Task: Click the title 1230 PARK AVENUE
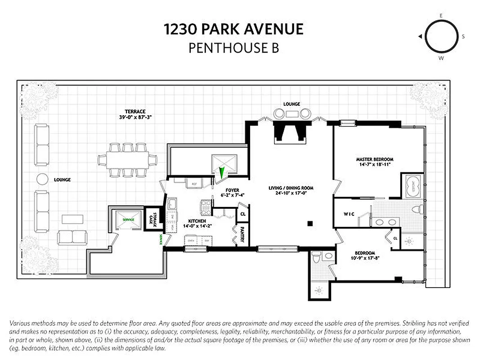pyautogui.click(x=233, y=30)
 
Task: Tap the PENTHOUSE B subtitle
pyautogui.click(x=233, y=48)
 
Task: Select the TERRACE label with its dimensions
pyautogui.click(x=135, y=114)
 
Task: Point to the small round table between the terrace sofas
pyautogui.click(x=42, y=179)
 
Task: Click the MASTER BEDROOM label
pyautogui.click(x=374, y=162)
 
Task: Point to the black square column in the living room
pyautogui.click(x=310, y=224)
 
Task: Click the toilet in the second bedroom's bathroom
pyautogui.click(x=316, y=257)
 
